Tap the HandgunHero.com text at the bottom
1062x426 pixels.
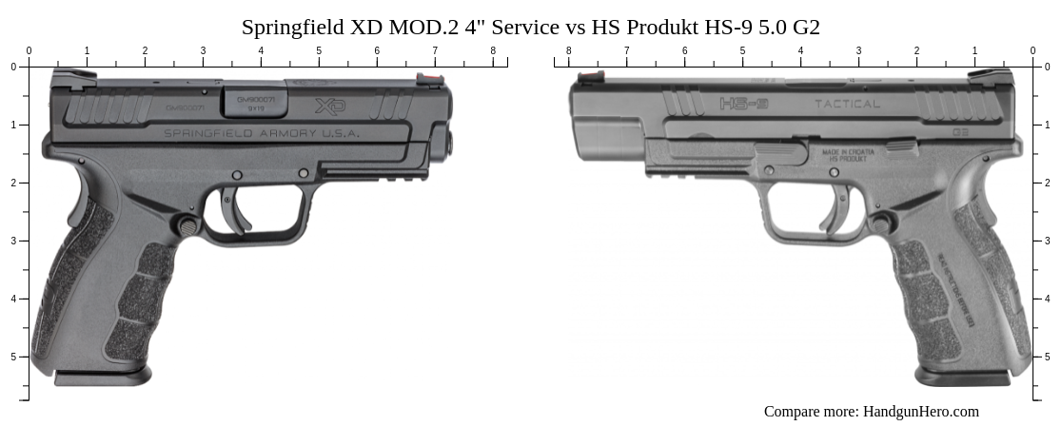(x=919, y=412)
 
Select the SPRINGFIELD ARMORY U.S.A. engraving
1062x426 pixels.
(x=262, y=134)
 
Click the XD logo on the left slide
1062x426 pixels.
(x=329, y=106)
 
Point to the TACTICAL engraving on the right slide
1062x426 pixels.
(x=847, y=104)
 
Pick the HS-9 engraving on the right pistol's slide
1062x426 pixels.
(x=744, y=104)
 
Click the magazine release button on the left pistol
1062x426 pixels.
(x=187, y=225)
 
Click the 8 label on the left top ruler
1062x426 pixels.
(x=493, y=51)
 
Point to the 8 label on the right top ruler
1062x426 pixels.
(x=569, y=51)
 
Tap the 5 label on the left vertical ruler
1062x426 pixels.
(x=12, y=357)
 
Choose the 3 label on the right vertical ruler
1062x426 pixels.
(x=1050, y=241)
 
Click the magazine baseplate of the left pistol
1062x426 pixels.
(x=103, y=378)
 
